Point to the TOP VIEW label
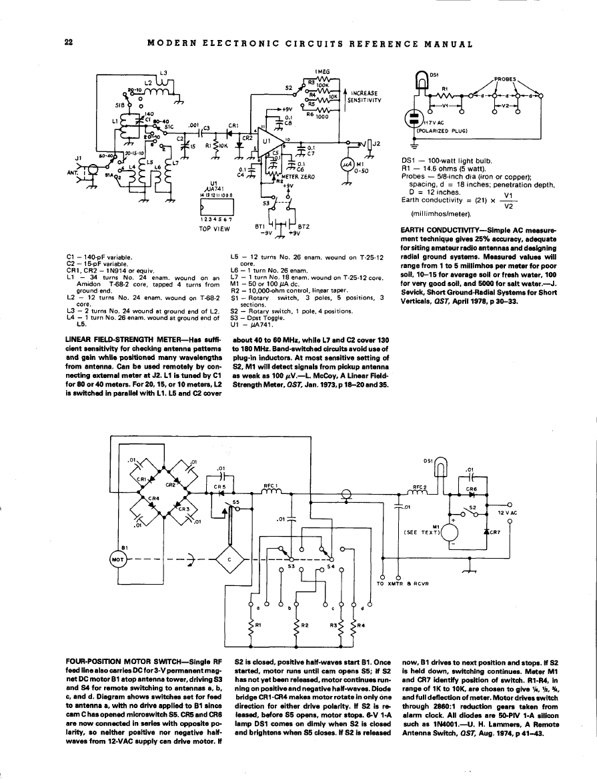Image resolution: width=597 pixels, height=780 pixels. click(214, 229)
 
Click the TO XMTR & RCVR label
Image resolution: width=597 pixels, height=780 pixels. click(402, 583)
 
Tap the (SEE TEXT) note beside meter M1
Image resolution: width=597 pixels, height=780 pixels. click(422, 532)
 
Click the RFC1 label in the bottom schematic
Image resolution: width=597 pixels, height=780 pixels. click(271, 485)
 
